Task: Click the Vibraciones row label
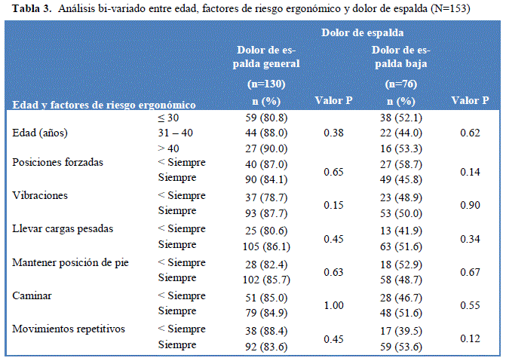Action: (x=40, y=195)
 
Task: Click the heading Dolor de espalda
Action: (x=362, y=33)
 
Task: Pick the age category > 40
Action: (x=169, y=148)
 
